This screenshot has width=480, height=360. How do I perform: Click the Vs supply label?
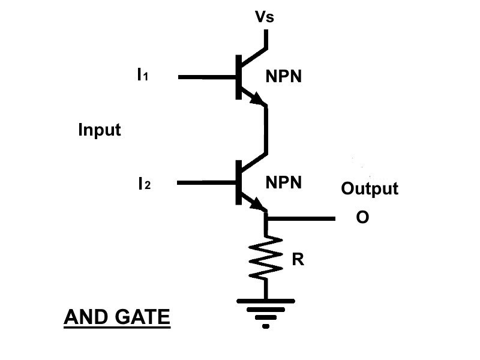pos(265,17)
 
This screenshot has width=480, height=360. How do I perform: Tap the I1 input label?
pos(142,76)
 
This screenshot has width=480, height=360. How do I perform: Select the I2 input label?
pos(144,184)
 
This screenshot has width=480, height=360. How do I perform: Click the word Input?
pos(100,130)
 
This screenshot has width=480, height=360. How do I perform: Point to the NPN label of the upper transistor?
pos(283,77)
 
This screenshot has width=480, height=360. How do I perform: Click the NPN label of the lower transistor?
pos(283,183)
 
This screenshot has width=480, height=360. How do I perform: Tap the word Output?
pos(369,189)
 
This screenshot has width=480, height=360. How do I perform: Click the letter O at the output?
pos(362,218)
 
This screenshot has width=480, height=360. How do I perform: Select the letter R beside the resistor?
pos(298,260)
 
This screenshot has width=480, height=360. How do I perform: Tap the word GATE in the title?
pos(142,317)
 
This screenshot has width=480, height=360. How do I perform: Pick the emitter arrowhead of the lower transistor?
pos(259,205)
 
